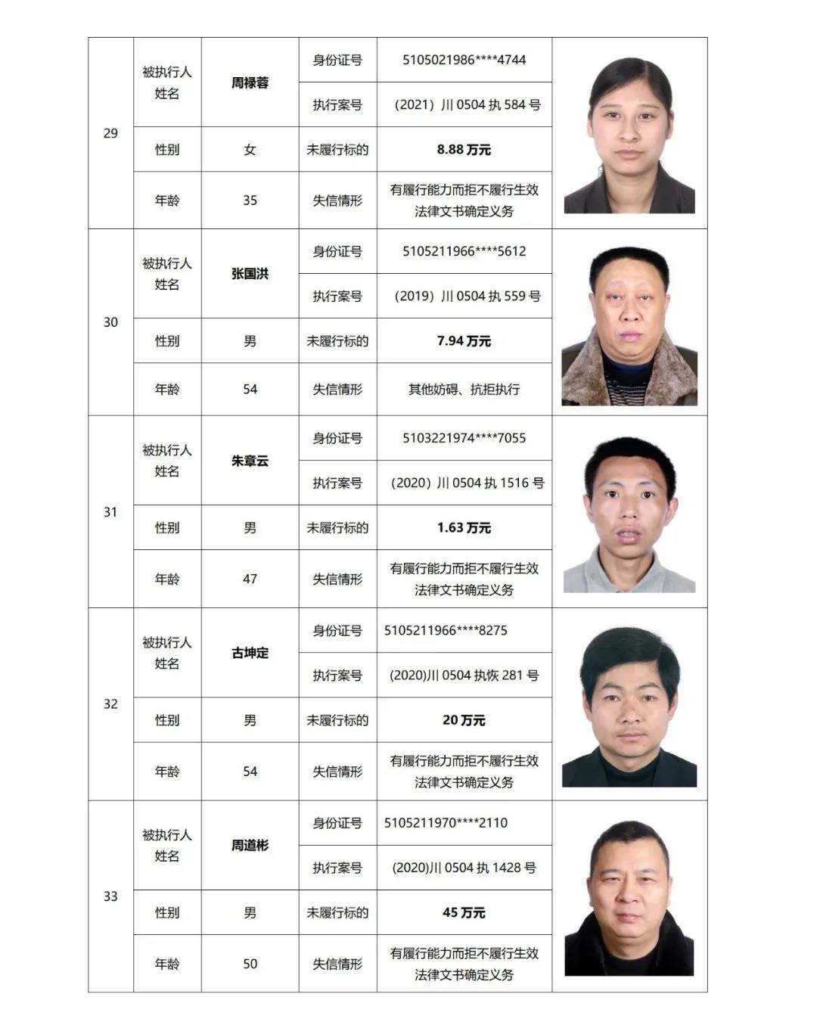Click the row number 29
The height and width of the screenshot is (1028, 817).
(x=110, y=133)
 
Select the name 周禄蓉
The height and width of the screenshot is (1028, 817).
(x=250, y=82)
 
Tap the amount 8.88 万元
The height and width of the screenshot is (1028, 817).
(x=464, y=150)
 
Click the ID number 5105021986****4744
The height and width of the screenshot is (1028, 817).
(x=464, y=60)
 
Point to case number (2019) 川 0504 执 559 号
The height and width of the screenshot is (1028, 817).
(x=467, y=296)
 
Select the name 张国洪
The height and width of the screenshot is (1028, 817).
(x=250, y=274)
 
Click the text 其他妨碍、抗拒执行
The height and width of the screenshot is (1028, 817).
(x=464, y=390)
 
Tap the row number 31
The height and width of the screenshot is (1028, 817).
(x=110, y=512)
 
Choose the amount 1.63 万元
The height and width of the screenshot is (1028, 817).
(x=464, y=528)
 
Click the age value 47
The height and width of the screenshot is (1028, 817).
(x=250, y=579)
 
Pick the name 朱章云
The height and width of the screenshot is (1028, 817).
(x=250, y=461)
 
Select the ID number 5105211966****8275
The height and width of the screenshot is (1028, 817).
(x=446, y=630)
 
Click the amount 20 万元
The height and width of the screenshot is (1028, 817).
(x=464, y=720)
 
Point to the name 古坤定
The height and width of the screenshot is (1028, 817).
(x=250, y=653)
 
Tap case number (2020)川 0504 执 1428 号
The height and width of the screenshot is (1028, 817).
(x=464, y=868)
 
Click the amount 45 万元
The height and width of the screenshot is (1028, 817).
(x=464, y=913)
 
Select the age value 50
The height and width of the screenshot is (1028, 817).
(x=250, y=964)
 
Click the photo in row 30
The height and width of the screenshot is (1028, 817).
(x=629, y=325)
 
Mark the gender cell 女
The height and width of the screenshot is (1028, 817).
(x=250, y=150)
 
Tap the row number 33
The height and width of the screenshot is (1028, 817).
(x=110, y=896)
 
